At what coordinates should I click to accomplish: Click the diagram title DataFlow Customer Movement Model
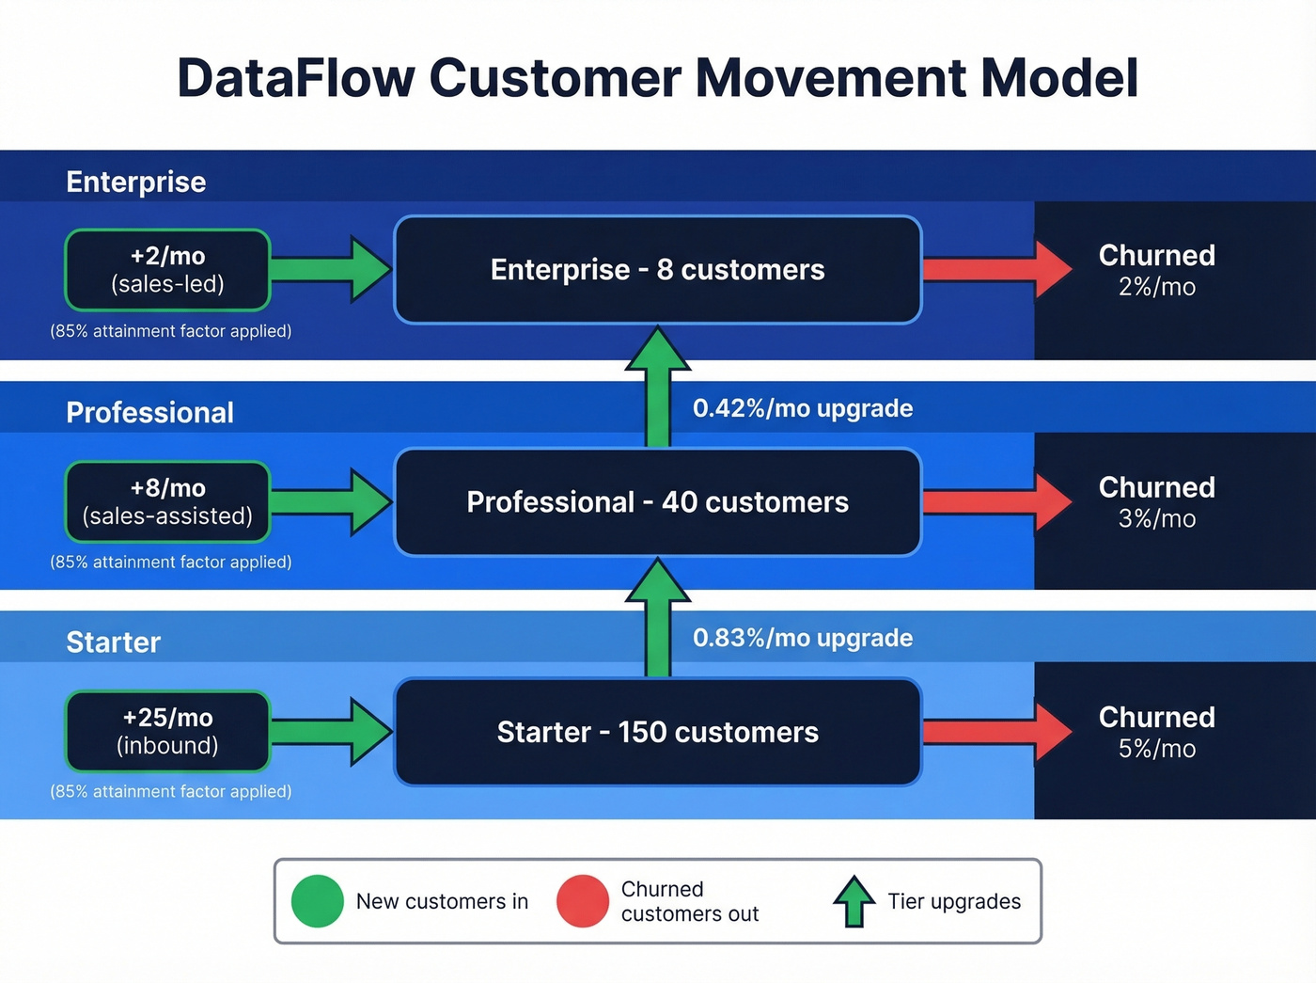pyautogui.click(x=657, y=78)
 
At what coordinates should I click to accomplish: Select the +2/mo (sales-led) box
pyautogui.click(x=167, y=270)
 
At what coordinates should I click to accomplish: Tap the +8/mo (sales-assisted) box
pyautogui.click(x=167, y=501)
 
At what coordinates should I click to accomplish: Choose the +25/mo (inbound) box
pyautogui.click(x=167, y=731)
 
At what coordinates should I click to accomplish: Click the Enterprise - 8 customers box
pyautogui.click(x=657, y=270)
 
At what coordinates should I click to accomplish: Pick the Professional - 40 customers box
pyautogui.click(x=657, y=501)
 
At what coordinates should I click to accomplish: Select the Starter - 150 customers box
pyautogui.click(x=657, y=731)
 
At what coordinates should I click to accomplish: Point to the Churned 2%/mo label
pyautogui.click(x=1156, y=270)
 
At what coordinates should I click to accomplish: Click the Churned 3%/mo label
pyautogui.click(x=1156, y=501)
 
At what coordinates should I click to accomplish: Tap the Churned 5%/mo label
pyautogui.click(x=1156, y=731)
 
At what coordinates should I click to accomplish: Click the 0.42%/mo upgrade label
pyautogui.click(x=802, y=408)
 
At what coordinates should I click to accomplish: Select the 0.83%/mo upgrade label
pyautogui.click(x=802, y=638)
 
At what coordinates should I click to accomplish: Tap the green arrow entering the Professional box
pyautogui.click(x=329, y=501)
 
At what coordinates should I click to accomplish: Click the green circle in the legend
pyautogui.click(x=318, y=901)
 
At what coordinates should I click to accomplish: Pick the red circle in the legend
pyautogui.click(x=583, y=901)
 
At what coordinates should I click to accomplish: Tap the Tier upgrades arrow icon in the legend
pyautogui.click(x=854, y=901)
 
